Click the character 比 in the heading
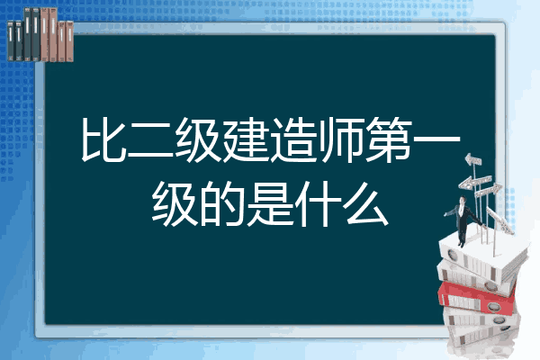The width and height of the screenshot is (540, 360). pyautogui.click(x=103, y=139)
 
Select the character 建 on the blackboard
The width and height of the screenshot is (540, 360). pyautogui.click(x=245, y=139)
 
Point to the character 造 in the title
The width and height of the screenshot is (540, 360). pyautogui.click(x=292, y=139)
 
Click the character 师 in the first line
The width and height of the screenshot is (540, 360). pyautogui.click(x=339, y=139)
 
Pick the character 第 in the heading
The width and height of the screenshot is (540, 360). pyautogui.click(x=387, y=139)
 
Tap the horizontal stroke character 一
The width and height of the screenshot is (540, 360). pyautogui.click(x=436, y=139)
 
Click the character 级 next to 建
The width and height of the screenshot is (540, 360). pyautogui.click(x=197, y=139)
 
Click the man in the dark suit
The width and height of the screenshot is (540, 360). pyautogui.click(x=462, y=220)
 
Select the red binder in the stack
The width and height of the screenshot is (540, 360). pyautogui.click(x=477, y=297)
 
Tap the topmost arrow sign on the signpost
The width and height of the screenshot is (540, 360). pyautogui.click(x=473, y=160)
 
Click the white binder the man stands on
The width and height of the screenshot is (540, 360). pyautogui.click(x=482, y=256)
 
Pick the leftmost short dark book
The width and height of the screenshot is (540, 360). pyautogui.click(x=11, y=40)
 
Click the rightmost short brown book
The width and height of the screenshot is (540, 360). pyautogui.click(x=69, y=41)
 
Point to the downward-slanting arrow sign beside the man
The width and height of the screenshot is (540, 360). pyautogui.click(x=499, y=220)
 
